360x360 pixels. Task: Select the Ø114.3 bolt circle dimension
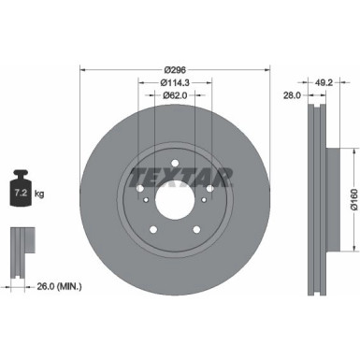point(175,81)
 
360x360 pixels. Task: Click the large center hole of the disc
point(175,199)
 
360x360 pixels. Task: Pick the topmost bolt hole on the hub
point(175,165)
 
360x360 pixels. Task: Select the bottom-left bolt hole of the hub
point(153,227)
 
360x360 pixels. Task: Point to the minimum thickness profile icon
point(21,245)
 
